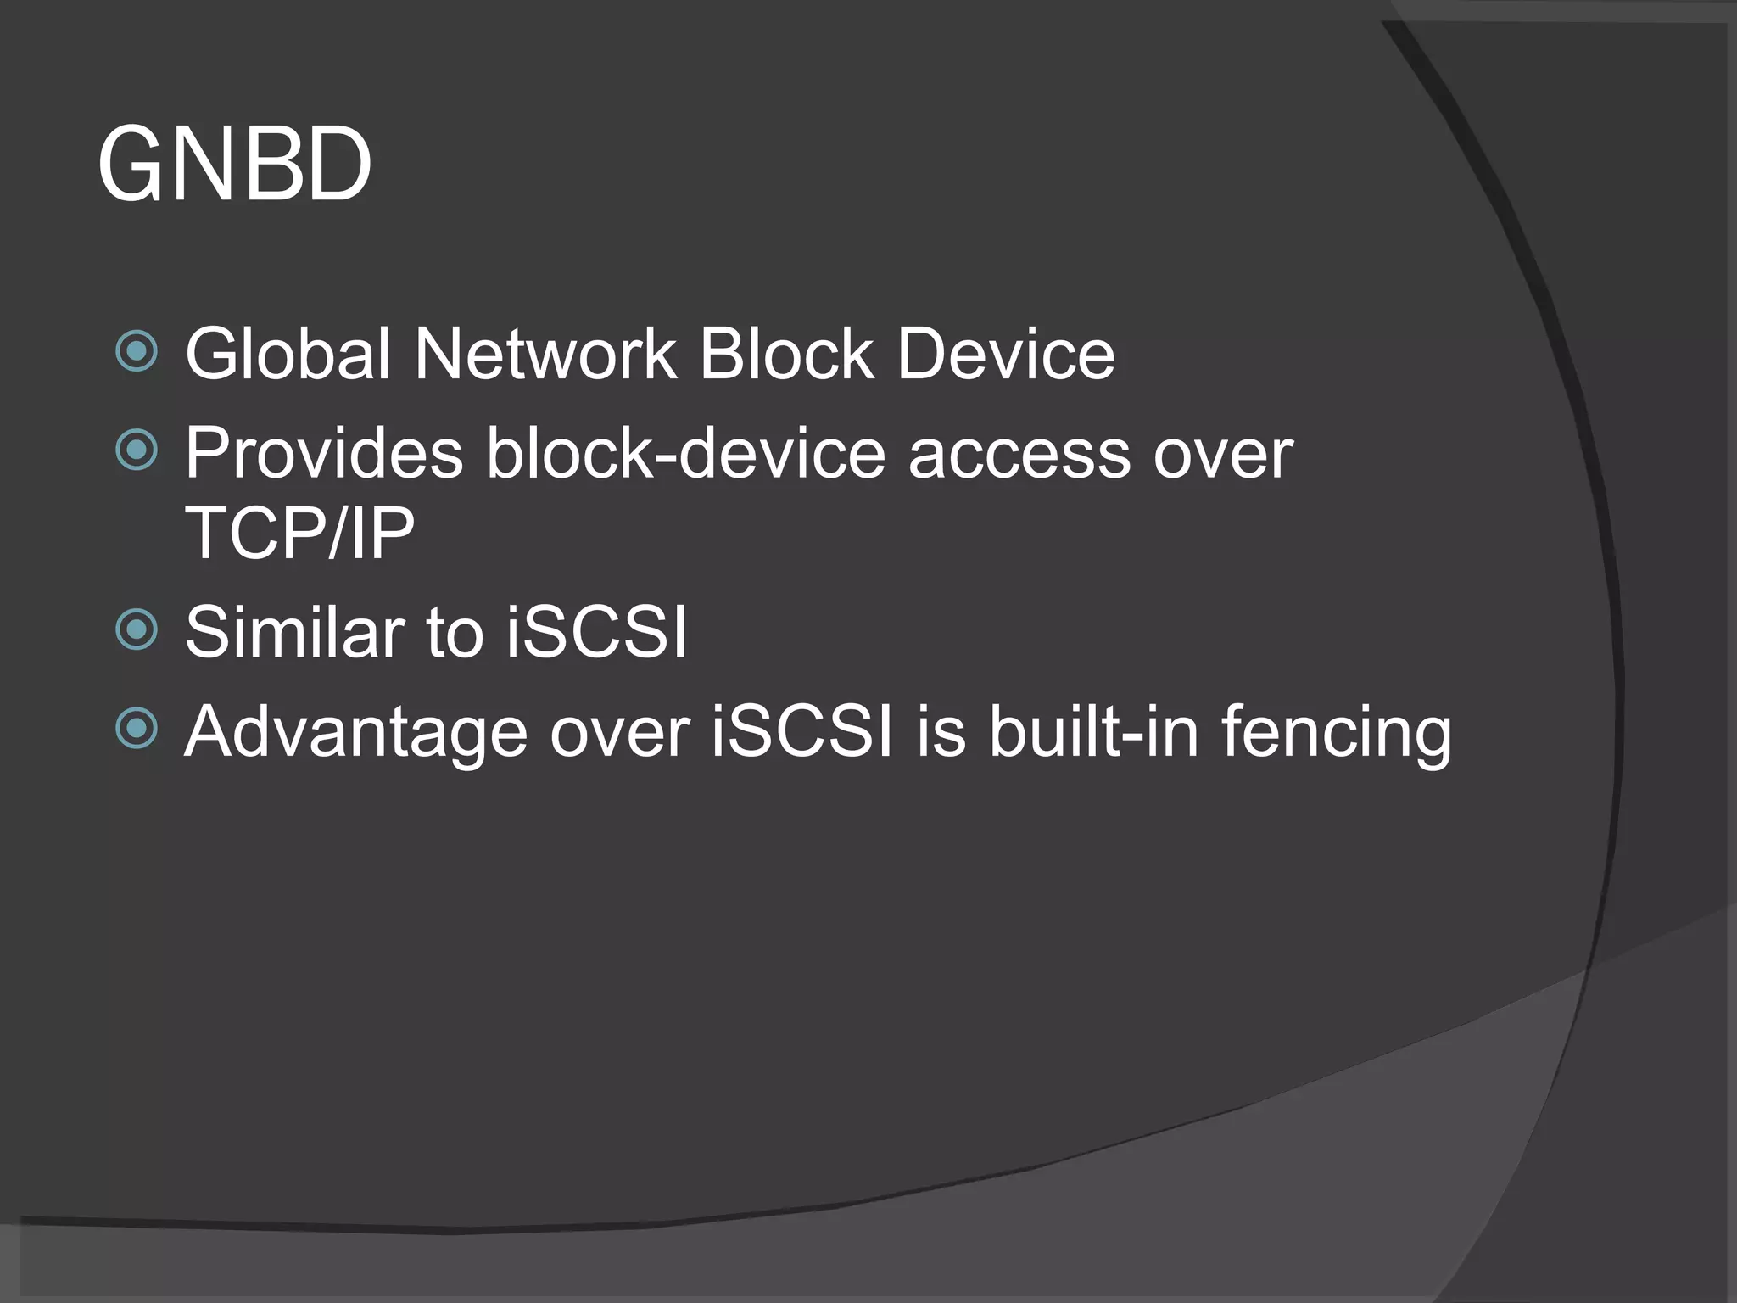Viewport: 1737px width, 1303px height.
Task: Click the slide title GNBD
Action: (235, 165)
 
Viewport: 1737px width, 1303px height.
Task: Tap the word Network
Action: (545, 354)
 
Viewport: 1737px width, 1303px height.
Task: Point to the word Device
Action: (1006, 354)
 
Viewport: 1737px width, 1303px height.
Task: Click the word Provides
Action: (324, 454)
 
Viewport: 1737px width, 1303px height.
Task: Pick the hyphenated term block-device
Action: (686, 454)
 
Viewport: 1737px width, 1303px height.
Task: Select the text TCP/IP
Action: (299, 533)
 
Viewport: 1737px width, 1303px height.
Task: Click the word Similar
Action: (294, 632)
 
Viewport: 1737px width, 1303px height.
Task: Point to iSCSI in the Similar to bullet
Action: (596, 632)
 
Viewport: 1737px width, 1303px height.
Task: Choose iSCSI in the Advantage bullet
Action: (802, 731)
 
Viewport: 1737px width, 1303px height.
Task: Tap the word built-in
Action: (1094, 731)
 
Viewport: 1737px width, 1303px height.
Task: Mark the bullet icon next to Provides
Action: (137, 450)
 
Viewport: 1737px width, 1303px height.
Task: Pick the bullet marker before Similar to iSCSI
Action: (137, 629)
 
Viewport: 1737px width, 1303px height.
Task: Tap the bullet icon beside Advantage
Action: (137, 728)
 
